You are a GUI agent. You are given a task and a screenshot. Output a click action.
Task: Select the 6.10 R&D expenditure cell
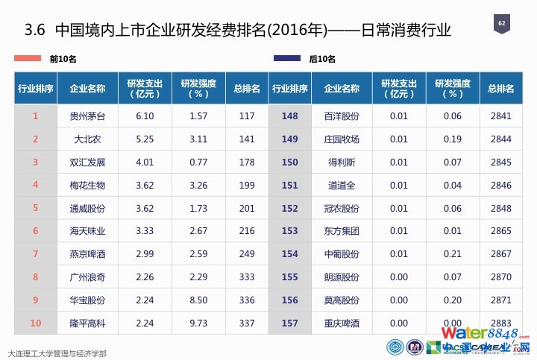pos(145,116)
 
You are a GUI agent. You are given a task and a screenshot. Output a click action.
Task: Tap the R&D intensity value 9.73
pos(198,323)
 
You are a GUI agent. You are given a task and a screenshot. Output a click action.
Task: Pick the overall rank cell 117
pos(247,116)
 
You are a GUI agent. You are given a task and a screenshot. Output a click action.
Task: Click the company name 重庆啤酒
pos(342,323)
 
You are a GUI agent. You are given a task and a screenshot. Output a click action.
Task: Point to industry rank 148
pos(290,116)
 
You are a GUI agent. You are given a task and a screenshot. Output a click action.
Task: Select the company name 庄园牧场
pos(342,139)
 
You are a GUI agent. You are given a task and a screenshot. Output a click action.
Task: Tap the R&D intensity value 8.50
pos(198,300)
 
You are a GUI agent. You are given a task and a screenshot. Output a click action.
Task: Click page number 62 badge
pos(502,25)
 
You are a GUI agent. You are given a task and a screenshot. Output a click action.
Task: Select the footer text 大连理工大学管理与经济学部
pos(56,353)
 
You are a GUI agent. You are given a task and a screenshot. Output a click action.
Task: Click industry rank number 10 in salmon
pos(35,323)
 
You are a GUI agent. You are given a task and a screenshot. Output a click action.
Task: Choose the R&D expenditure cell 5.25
pos(145,139)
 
